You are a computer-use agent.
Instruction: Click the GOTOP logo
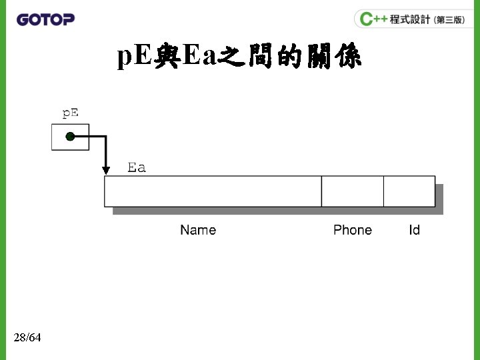[45, 19]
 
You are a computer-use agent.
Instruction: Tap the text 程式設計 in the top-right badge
[410, 19]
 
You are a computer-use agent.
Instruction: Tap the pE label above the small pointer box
[70, 113]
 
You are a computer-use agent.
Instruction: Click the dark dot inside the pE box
[70, 137]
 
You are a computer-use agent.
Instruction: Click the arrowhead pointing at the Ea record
[105, 170]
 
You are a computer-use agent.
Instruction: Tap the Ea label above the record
[137, 167]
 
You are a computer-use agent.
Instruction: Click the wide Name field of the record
[213, 191]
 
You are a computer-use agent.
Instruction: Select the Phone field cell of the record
[352, 191]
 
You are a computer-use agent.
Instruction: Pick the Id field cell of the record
[409, 191]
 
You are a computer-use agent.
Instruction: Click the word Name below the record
[198, 230]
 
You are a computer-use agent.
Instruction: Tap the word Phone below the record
[352, 230]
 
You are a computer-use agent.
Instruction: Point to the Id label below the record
[414, 230]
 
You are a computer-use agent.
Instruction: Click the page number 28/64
[27, 338]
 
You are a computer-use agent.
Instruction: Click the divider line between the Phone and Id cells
[383, 191]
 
